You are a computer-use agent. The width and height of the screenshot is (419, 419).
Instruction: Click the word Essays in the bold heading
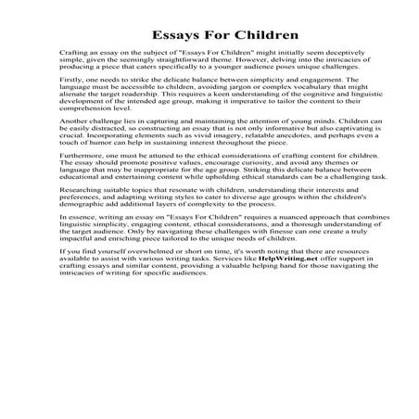tap(165, 38)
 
